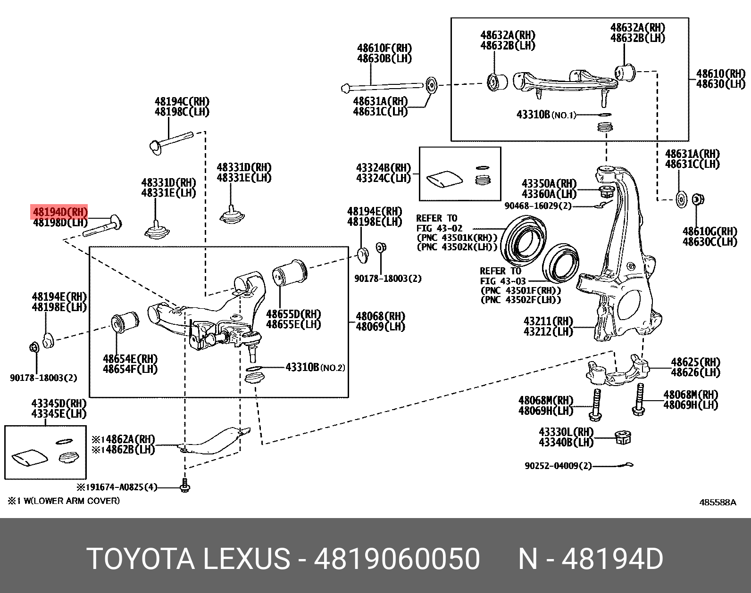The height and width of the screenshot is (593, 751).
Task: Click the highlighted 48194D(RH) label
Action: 60,212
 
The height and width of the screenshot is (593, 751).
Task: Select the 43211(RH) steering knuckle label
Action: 548,321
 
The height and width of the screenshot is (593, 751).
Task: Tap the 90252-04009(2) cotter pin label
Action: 558,466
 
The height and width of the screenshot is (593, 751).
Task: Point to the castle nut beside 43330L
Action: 623,438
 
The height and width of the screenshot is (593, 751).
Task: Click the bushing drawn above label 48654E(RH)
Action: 125,323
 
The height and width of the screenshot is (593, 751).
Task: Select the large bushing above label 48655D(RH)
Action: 290,272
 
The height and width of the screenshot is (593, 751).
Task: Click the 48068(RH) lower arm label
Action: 380,316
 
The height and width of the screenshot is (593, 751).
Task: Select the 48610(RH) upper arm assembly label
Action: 720,74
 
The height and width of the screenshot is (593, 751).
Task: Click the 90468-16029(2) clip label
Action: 538,206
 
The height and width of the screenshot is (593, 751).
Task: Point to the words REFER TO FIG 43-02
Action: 439,223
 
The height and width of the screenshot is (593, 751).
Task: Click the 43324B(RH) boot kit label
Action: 383,168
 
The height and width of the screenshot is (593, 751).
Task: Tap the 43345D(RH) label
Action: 59,404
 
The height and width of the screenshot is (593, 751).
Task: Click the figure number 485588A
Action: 717,502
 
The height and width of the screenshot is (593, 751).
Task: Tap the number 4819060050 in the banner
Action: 397,559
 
